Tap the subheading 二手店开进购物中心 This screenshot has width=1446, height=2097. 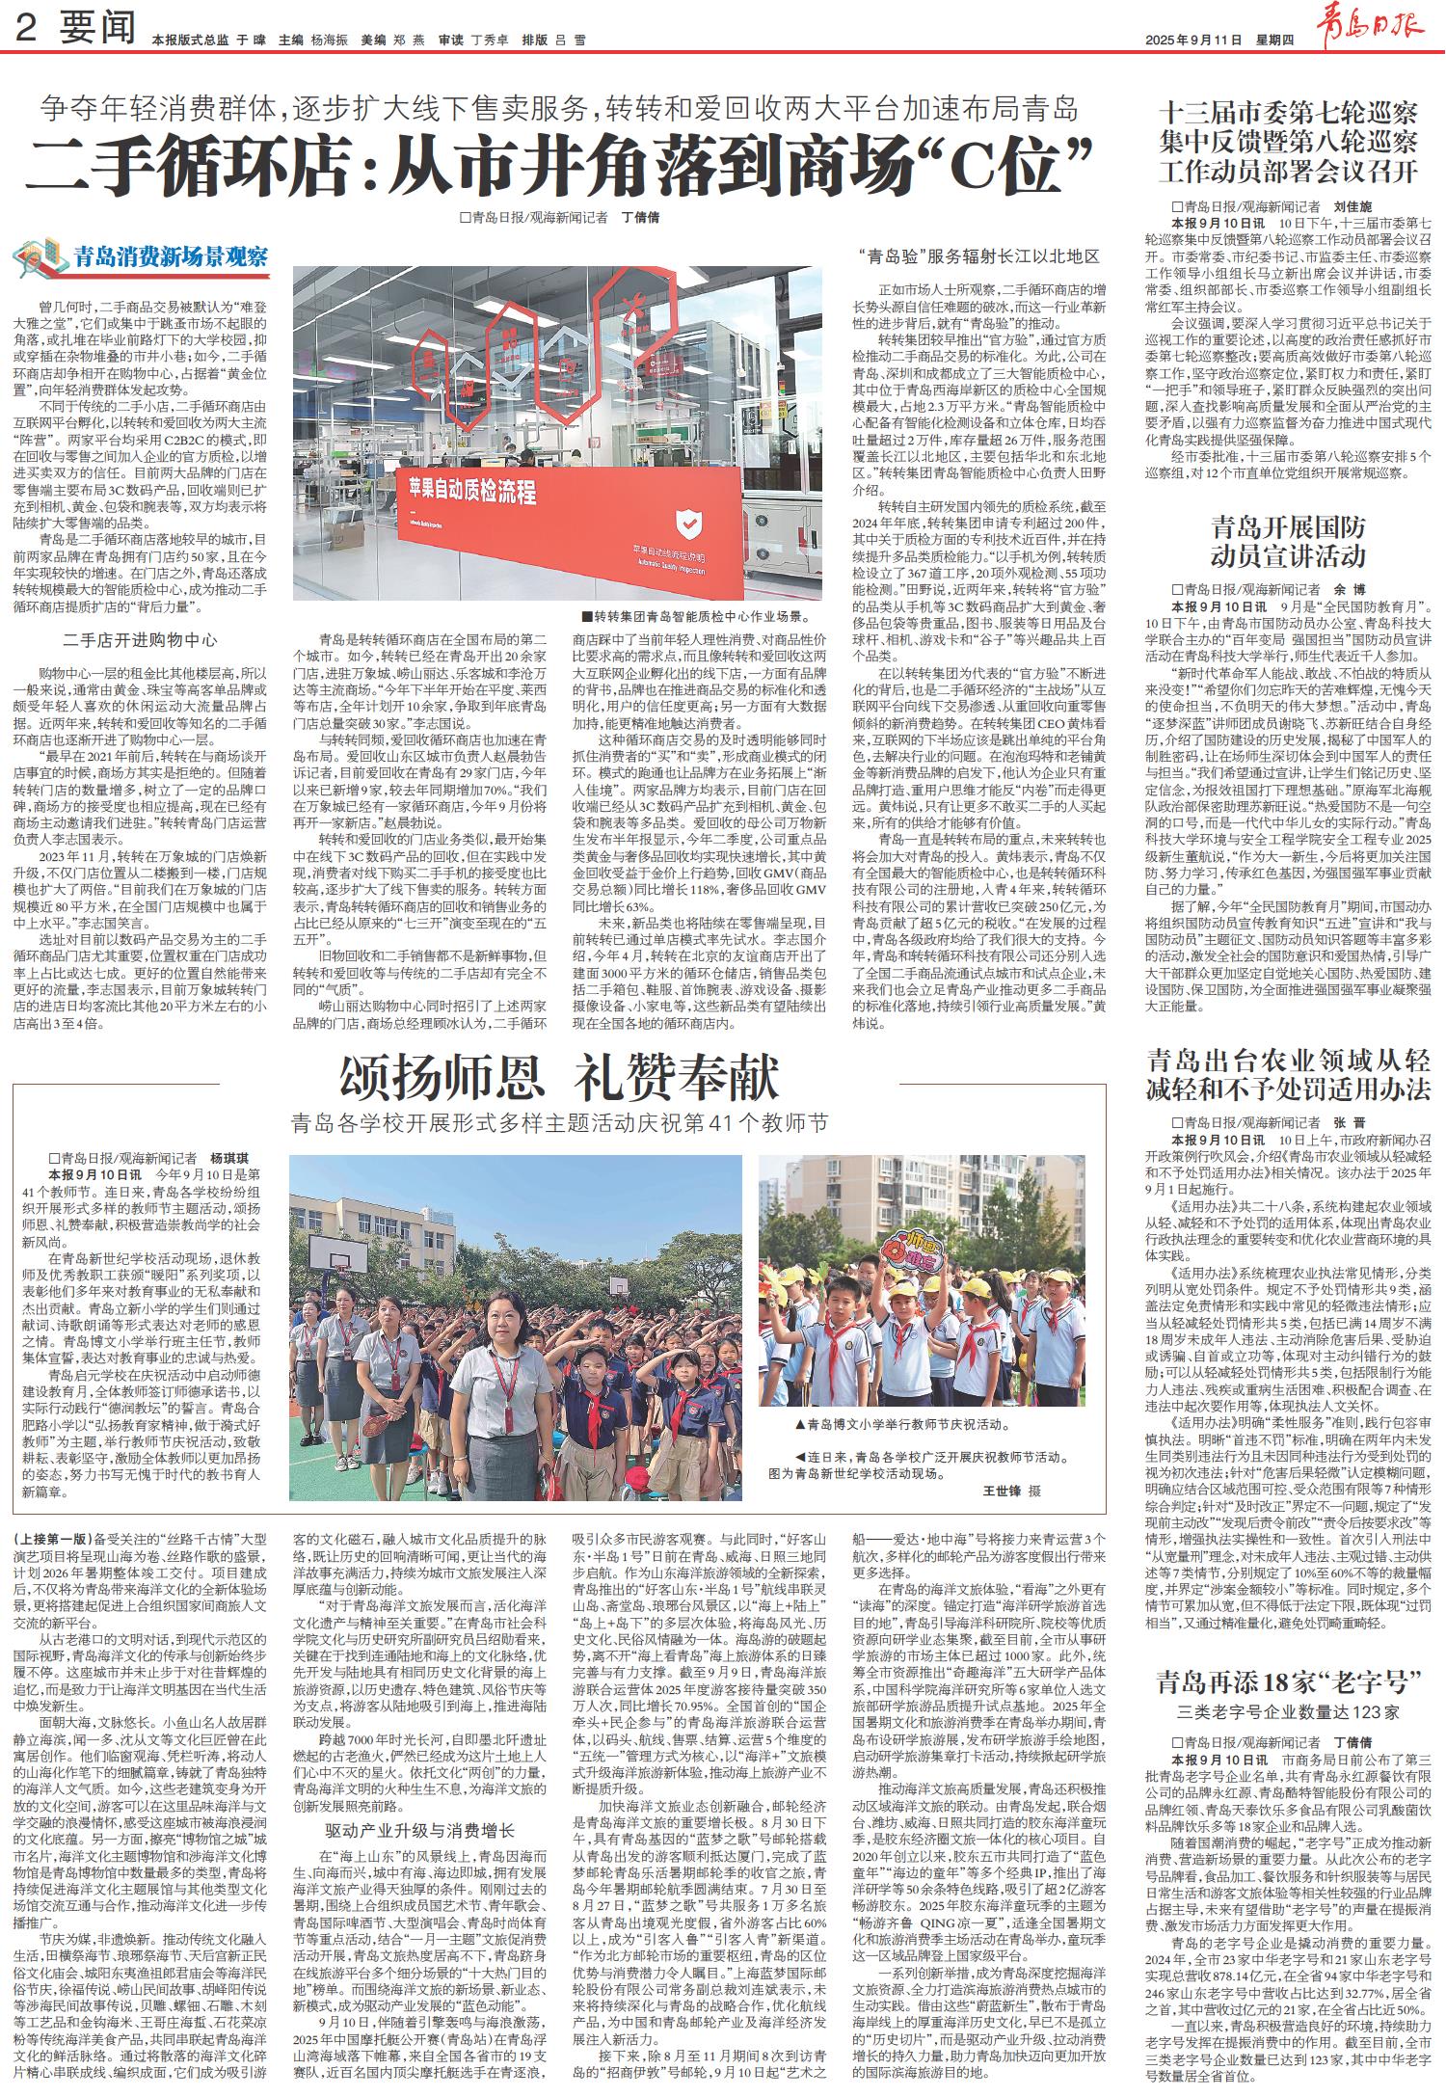pyautogui.click(x=141, y=639)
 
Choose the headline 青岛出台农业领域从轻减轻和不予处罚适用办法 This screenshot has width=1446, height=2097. pyautogui.click(x=1288, y=1075)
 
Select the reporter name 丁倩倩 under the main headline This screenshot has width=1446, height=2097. pyautogui.click(x=640, y=218)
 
